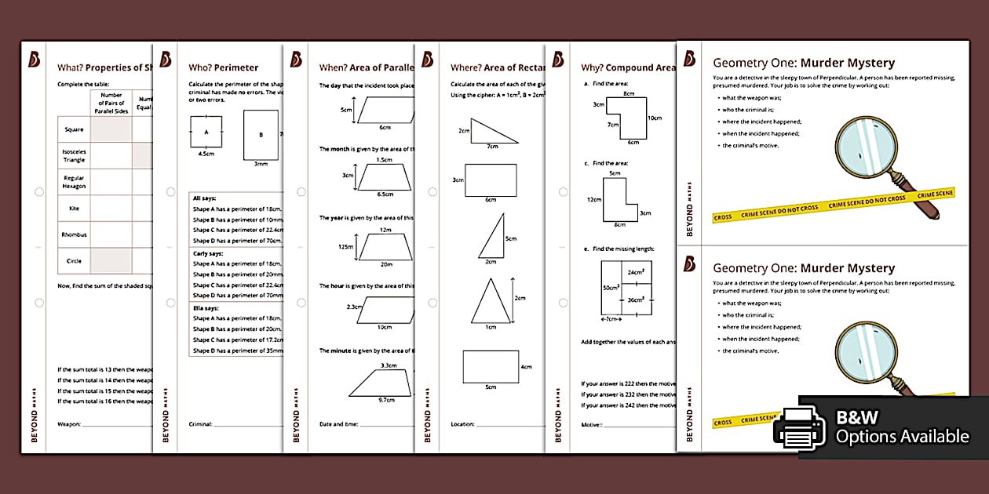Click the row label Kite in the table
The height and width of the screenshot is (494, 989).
point(75,209)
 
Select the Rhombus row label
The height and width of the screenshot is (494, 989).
point(75,234)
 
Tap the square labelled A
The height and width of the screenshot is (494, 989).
point(206,132)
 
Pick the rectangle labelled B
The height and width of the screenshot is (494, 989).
point(261,134)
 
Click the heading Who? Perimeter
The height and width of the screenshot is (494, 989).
point(224,67)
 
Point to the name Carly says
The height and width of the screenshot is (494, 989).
point(209,253)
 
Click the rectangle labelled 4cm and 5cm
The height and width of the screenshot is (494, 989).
point(491,366)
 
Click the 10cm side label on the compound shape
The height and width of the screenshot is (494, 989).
point(655,118)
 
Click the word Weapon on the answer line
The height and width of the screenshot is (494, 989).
point(68,424)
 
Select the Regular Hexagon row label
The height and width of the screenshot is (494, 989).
point(75,182)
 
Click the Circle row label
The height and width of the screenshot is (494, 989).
point(73,261)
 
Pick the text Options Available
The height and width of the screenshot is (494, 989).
point(902,437)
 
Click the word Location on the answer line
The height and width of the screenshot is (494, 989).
point(462,424)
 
